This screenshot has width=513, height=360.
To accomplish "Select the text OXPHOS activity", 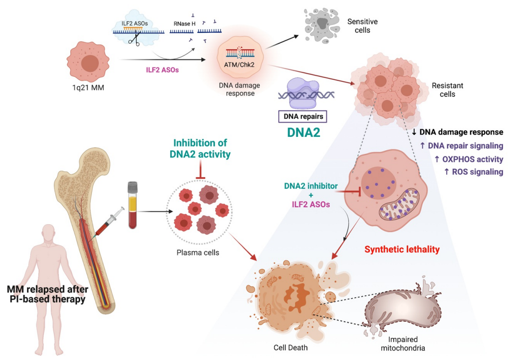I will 473,159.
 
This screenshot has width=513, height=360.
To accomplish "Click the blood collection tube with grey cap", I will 132,205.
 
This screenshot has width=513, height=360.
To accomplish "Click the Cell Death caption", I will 290,347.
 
